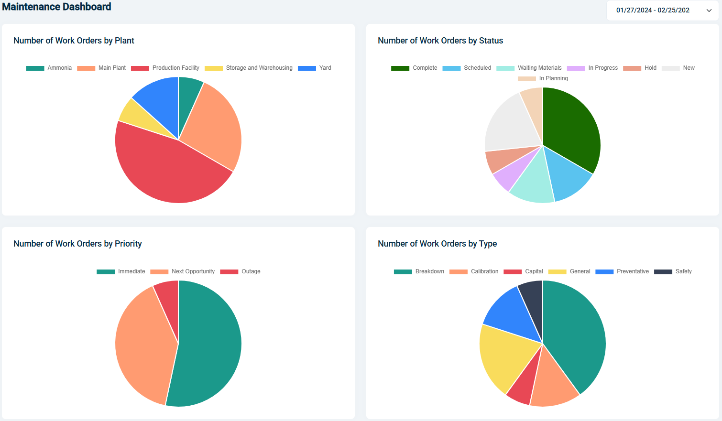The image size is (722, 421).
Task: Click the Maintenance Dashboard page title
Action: tap(56, 7)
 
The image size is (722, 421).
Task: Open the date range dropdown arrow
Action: tap(709, 11)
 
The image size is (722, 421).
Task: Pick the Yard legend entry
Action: tap(315, 68)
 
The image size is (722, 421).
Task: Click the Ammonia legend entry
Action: tap(49, 68)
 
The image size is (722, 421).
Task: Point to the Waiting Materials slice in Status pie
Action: tap(531, 182)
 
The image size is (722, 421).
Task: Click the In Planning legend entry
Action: tap(543, 78)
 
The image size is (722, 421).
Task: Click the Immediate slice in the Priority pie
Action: tap(210, 344)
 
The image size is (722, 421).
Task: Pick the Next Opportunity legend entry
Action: tap(183, 271)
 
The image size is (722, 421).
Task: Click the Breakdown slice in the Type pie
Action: tap(574, 330)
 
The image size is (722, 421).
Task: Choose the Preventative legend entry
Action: tap(622, 271)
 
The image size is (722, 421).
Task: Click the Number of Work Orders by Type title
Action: tap(437, 244)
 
